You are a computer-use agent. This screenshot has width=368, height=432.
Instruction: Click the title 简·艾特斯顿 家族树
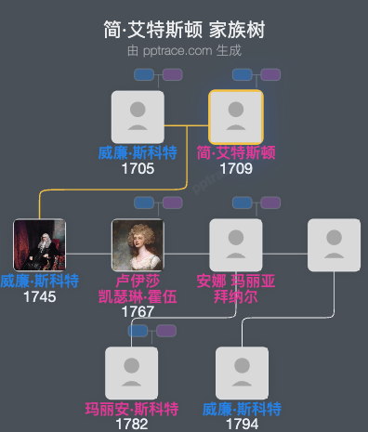(184, 30)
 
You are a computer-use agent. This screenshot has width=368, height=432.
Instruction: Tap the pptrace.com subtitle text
(184, 50)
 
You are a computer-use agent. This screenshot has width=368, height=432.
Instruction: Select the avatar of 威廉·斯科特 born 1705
(138, 117)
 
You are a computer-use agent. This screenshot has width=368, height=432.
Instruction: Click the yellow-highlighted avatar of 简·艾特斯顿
(236, 117)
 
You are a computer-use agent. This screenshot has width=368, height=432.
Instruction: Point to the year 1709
(236, 169)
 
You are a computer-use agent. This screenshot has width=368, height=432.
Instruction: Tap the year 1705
(138, 169)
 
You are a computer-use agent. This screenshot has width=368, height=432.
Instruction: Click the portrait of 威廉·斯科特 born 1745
(39, 244)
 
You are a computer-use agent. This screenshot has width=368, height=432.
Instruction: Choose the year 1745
(39, 296)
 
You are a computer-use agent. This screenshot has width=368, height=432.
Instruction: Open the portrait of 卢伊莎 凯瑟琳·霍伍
(138, 244)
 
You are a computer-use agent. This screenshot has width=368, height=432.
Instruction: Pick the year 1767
(138, 311)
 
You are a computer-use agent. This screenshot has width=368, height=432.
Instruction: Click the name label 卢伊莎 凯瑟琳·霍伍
(138, 288)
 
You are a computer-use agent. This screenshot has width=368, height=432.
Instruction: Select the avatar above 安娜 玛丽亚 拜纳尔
(236, 244)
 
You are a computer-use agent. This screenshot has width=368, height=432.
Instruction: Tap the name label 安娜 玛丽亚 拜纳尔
(236, 288)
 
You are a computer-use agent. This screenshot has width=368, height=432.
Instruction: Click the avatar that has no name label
(334, 244)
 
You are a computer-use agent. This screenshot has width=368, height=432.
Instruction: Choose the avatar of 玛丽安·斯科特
(132, 373)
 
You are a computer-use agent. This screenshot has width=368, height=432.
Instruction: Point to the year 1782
(132, 424)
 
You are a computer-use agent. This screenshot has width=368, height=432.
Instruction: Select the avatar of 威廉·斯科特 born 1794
(242, 373)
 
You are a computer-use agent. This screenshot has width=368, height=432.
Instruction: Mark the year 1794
(242, 424)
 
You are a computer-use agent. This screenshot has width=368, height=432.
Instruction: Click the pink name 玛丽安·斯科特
(132, 409)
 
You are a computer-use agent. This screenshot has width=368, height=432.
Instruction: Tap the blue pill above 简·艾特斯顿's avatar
(242, 74)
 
